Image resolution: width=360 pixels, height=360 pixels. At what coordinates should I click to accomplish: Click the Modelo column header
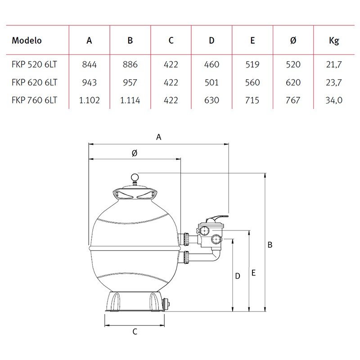[x=27, y=40]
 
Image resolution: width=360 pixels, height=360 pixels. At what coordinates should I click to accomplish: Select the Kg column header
[x=334, y=41]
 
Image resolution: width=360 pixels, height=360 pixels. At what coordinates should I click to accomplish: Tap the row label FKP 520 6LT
[x=34, y=64]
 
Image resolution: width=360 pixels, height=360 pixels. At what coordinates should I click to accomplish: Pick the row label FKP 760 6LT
[x=34, y=100]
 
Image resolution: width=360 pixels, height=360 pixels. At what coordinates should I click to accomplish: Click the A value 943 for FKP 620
[x=89, y=82]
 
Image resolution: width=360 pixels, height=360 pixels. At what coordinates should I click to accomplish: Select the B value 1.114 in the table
[x=130, y=100]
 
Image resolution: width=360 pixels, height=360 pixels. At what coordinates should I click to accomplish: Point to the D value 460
[x=211, y=64]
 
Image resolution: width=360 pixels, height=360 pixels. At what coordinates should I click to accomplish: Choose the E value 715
[x=252, y=100]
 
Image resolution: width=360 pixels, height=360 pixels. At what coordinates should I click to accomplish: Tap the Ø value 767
[x=293, y=100]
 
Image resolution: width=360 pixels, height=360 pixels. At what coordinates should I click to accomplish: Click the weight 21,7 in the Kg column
[x=334, y=65]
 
